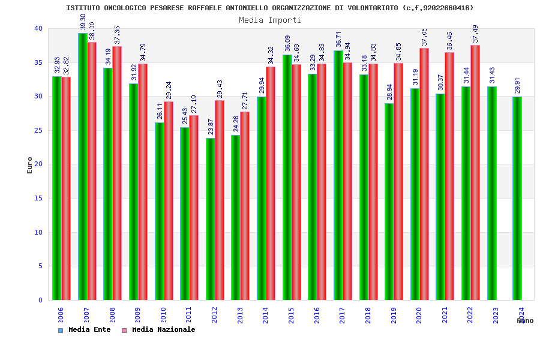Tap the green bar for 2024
pyautogui.click(x=517, y=198)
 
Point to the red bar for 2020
pyautogui.click(x=424, y=174)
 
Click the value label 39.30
pyautogui.click(x=83, y=22)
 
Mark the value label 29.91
pyautogui.click(x=517, y=86)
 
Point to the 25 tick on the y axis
pyautogui.click(x=38, y=130)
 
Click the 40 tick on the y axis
pyautogui.click(x=38, y=28)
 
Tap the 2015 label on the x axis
pyautogui.click(x=291, y=316)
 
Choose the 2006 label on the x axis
pyautogui.click(x=61, y=316)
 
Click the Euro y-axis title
pyautogui.click(x=30, y=164)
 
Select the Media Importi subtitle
pyautogui.click(x=270, y=20)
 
